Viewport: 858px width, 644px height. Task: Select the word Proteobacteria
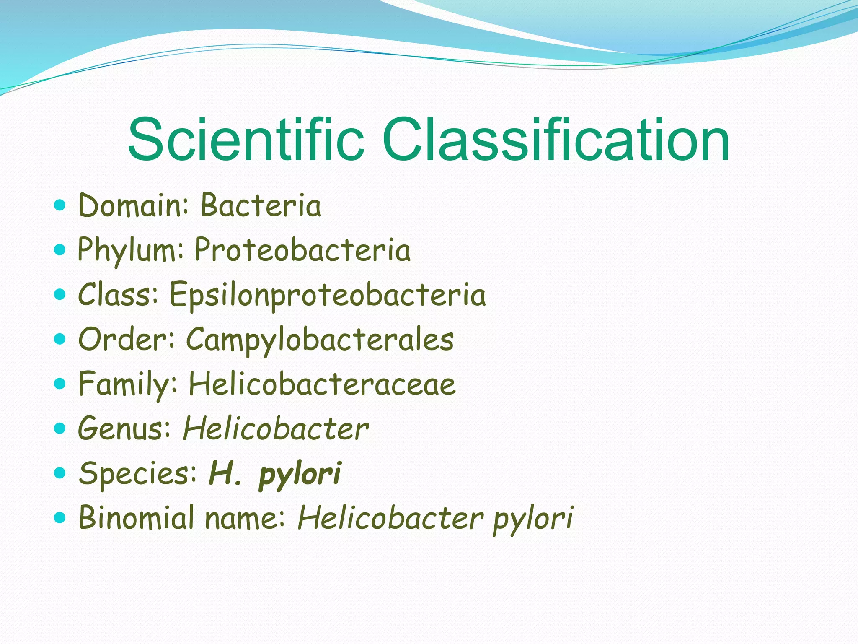[302, 250]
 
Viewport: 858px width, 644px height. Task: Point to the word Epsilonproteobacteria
[328, 295]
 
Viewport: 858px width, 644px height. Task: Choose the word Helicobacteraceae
[322, 384]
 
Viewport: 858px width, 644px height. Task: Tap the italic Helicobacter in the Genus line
[276, 429]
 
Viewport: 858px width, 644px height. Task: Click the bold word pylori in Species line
[300, 474]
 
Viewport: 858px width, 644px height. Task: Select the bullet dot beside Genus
[60, 428]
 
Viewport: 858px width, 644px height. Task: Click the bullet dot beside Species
[60, 473]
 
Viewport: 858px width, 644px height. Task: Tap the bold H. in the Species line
[225, 473]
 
